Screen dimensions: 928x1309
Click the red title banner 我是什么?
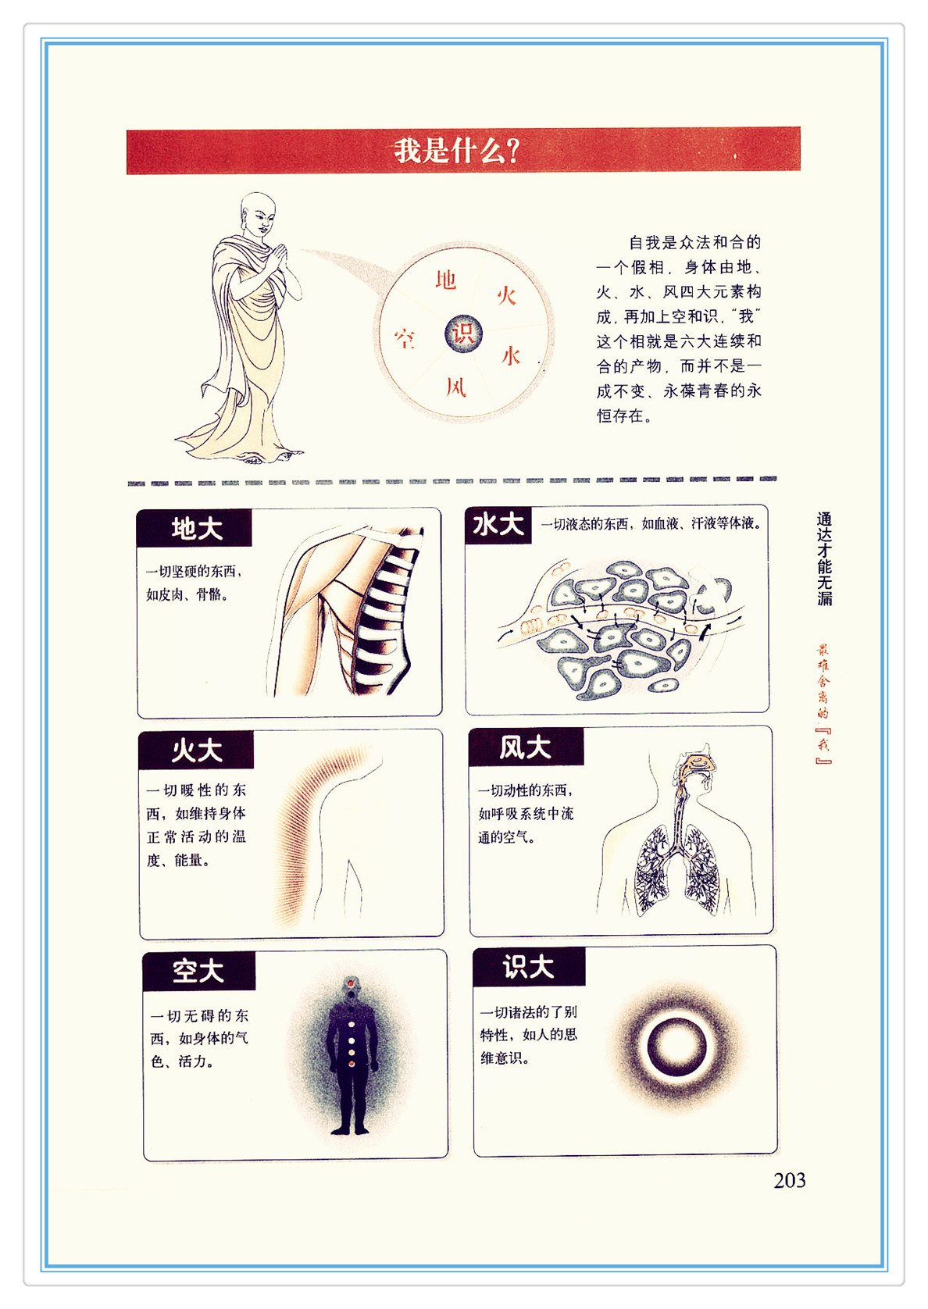tap(463, 150)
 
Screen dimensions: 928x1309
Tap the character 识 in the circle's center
tap(463, 333)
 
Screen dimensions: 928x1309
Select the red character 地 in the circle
tap(445, 280)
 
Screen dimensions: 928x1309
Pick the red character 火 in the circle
tap(506, 296)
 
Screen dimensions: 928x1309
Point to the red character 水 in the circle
tap(511, 355)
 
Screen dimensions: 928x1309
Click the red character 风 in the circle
tap(456, 387)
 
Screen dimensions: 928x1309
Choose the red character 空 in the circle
tap(405, 338)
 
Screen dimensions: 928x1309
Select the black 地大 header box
tap(194, 528)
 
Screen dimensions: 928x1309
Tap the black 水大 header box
tap(498, 525)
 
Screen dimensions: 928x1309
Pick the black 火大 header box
tap(196, 750)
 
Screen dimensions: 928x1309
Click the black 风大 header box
tap(526, 747)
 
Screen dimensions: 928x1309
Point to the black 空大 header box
tap(198, 972)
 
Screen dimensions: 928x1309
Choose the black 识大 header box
tap(529, 967)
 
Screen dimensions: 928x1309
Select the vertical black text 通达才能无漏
tap(824, 558)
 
